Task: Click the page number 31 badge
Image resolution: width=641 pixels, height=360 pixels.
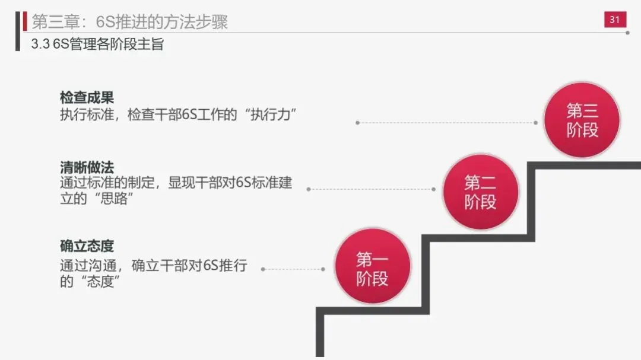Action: click(x=614, y=20)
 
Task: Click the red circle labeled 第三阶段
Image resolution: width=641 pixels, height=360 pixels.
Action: click(x=582, y=120)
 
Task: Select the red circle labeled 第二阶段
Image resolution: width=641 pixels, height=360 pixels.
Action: click(x=480, y=192)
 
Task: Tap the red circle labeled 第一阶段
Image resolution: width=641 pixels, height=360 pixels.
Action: click(x=372, y=268)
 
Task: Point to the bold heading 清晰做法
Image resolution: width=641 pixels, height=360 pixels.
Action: click(x=87, y=167)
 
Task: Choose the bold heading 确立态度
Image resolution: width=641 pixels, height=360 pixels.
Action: click(x=87, y=245)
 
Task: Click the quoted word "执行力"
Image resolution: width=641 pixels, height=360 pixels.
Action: click(x=263, y=114)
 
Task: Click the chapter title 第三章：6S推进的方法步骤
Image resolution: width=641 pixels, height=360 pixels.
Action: click(x=129, y=22)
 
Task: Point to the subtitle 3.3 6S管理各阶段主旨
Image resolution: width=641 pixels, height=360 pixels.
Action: click(x=97, y=44)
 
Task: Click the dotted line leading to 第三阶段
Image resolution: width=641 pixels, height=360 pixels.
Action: click(x=446, y=123)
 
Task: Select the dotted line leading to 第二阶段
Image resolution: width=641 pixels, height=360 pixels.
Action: click(x=371, y=189)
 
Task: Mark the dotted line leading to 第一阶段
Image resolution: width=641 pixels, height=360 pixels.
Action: click(x=293, y=269)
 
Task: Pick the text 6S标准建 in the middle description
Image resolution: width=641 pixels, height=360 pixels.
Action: click(x=264, y=183)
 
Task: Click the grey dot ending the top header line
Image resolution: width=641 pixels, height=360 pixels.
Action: click(x=628, y=33)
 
